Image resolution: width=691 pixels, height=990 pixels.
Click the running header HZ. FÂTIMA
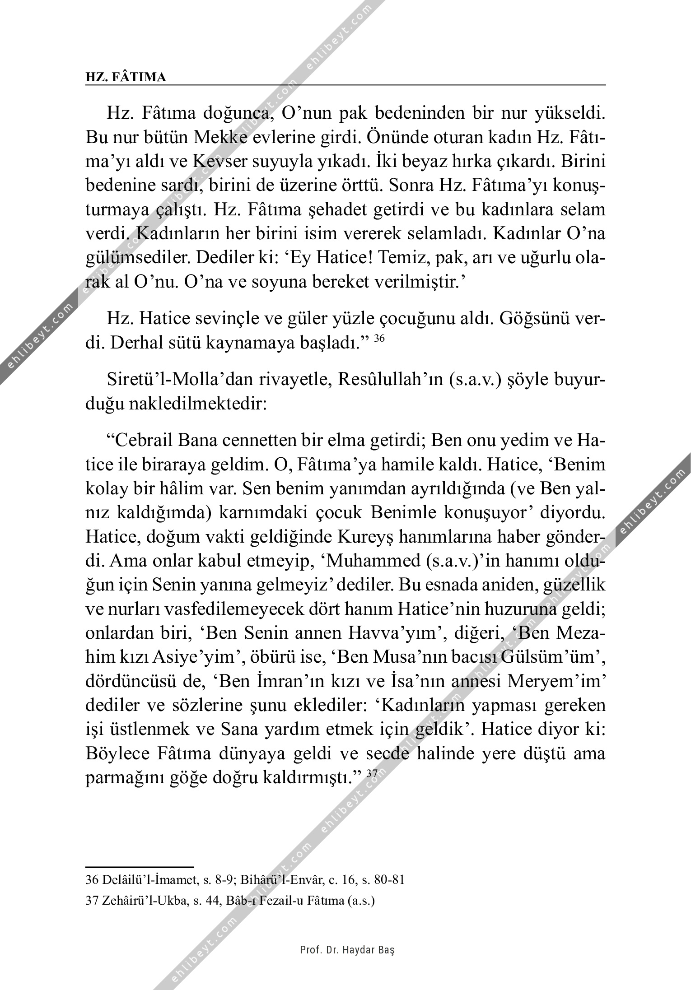[126, 77]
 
